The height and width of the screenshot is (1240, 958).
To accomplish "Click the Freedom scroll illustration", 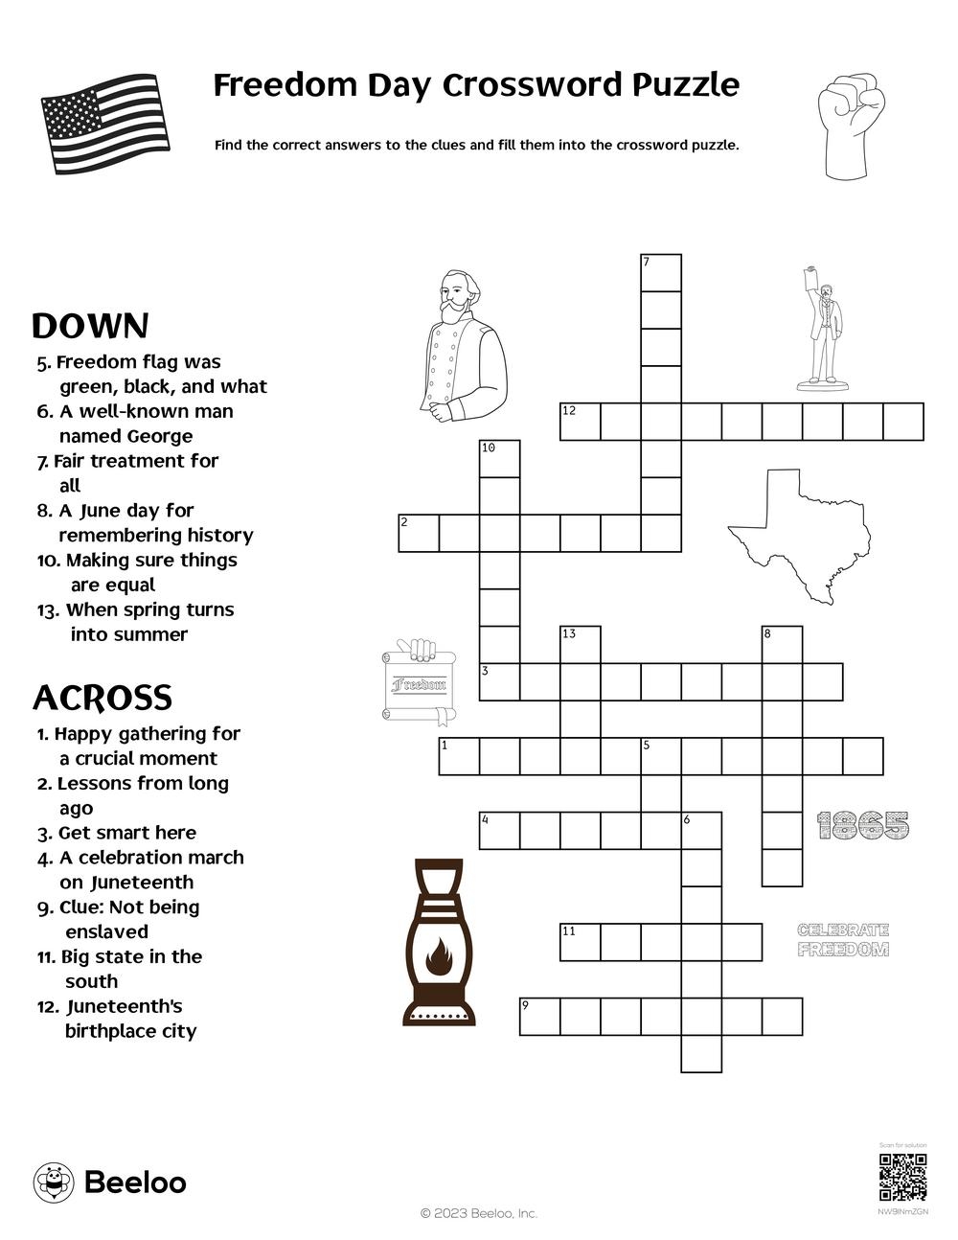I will click(419, 681).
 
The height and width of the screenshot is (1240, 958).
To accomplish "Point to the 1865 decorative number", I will click(863, 825).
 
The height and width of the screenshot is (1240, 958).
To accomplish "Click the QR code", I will click(902, 1178).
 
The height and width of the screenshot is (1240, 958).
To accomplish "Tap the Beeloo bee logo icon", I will click(54, 1183).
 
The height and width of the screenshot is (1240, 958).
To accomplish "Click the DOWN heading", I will click(90, 327).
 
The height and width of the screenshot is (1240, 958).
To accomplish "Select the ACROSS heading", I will click(103, 698).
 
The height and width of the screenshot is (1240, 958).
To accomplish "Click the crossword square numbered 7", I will click(661, 273).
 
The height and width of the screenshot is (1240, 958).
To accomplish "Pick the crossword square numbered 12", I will click(581, 422).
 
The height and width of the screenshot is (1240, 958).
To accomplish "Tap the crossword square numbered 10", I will click(499, 458).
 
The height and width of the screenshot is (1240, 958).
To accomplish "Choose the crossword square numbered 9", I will click(539, 1017).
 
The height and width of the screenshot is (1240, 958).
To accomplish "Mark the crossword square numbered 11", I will click(581, 942).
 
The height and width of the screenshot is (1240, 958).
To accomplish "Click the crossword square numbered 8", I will click(783, 644).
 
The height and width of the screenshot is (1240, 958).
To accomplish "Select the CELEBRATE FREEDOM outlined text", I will click(843, 940).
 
